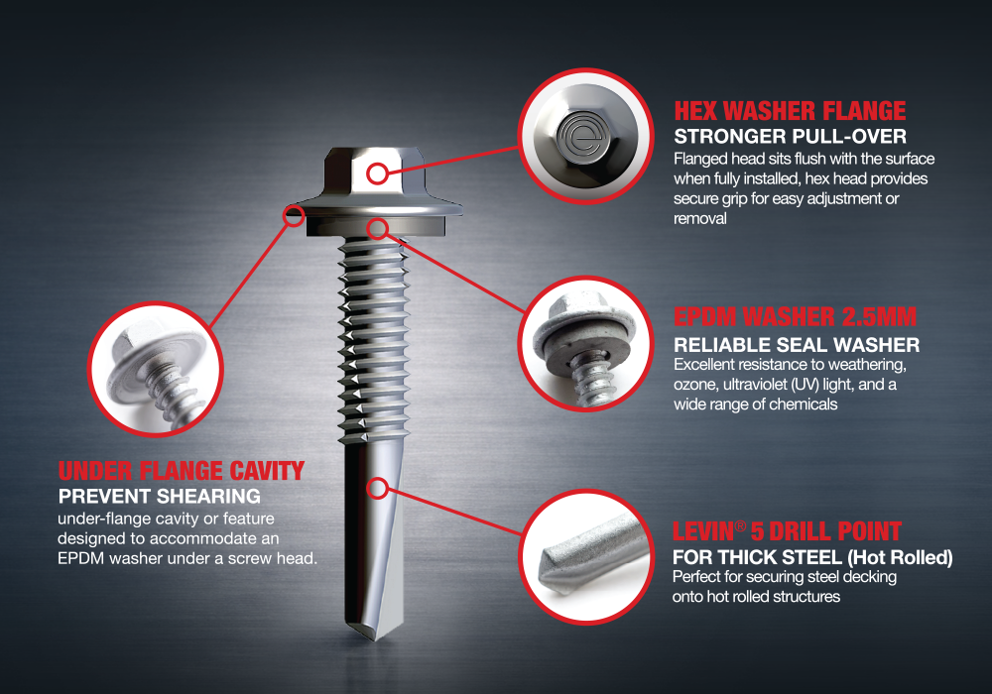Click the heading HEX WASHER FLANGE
coord(790,111)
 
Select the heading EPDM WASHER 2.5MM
coord(795,316)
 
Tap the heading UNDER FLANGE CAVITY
coord(182,471)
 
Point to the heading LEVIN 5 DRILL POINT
coord(787,531)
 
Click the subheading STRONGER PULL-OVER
coord(791,137)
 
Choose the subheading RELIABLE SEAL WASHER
coord(797,345)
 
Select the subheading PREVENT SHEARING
coord(160,496)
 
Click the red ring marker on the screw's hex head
coord(377,173)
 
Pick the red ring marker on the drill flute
coord(377,488)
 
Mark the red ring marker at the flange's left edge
coord(294,215)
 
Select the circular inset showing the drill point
coord(586,557)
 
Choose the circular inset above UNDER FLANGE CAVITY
coord(156,369)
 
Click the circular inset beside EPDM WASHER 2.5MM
coord(586,344)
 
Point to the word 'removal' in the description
coord(699,219)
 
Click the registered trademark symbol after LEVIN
coord(740,525)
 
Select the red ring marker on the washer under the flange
coord(378,229)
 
